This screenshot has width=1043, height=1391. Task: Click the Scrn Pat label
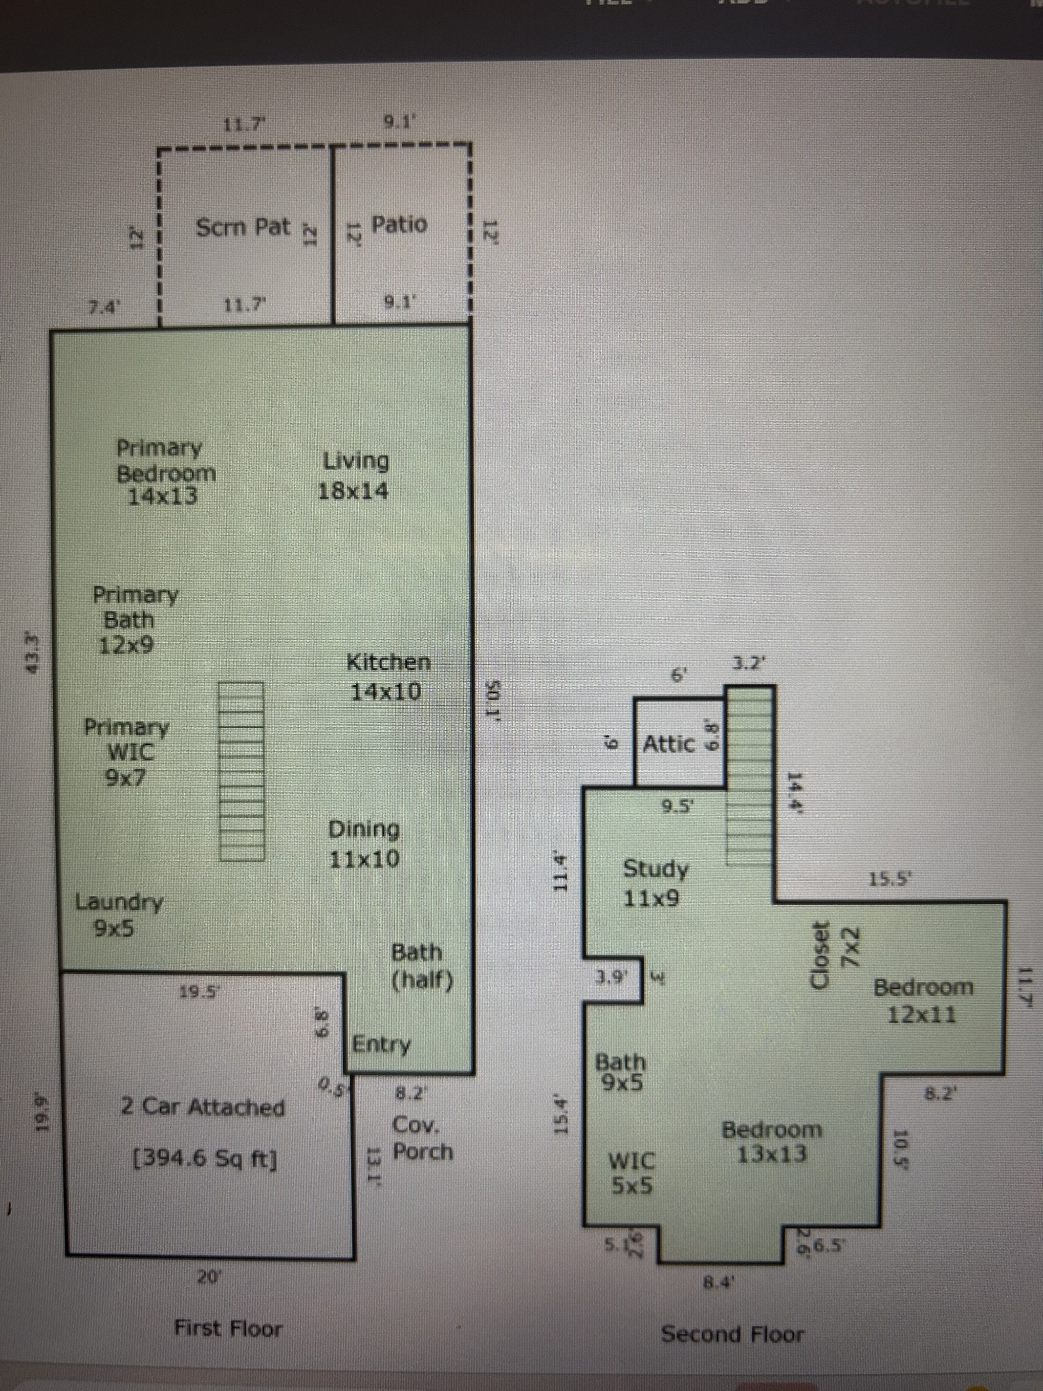[x=243, y=227]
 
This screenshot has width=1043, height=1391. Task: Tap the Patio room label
[x=399, y=224]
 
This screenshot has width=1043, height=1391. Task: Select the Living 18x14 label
[x=354, y=475]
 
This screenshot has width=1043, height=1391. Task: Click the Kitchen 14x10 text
[x=388, y=676]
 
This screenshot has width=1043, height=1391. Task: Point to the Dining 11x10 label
[x=364, y=844]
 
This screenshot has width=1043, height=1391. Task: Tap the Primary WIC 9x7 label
[x=126, y=752]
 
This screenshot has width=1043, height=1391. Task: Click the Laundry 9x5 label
[x=119, y=915]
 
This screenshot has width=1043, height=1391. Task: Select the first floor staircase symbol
[x=241, y=771]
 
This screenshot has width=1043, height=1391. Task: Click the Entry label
[x=382, y=1044]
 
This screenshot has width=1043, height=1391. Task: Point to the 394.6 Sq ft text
[x=205, y=1158]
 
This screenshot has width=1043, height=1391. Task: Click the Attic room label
[x=669, y=744]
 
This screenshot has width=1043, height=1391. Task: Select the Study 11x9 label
[x=655, y=883]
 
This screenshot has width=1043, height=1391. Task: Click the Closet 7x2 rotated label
[x=835, y=954]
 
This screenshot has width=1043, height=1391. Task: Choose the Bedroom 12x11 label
[x=922, y=1000]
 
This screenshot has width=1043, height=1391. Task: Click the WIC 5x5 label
[x=632, y=1173]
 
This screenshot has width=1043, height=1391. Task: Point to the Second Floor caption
[x=732, y=1333]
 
